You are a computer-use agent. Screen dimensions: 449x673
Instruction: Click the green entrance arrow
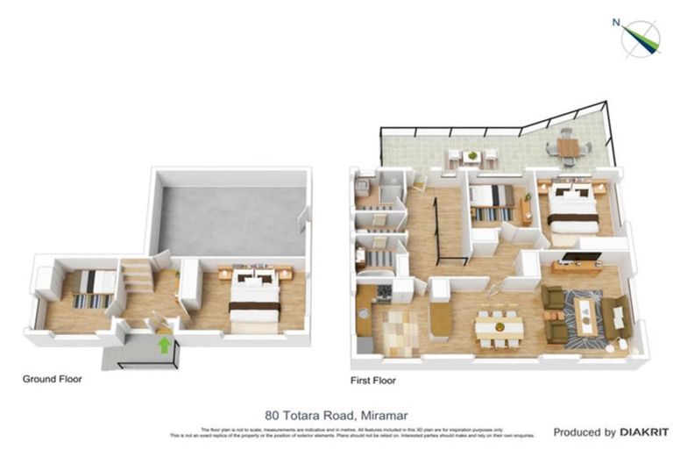tap(164, 345)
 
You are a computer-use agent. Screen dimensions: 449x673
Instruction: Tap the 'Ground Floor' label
tap(53, 380)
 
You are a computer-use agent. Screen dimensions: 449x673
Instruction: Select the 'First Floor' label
tap(373, 381)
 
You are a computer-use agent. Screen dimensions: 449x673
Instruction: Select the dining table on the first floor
tap(499, 327)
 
